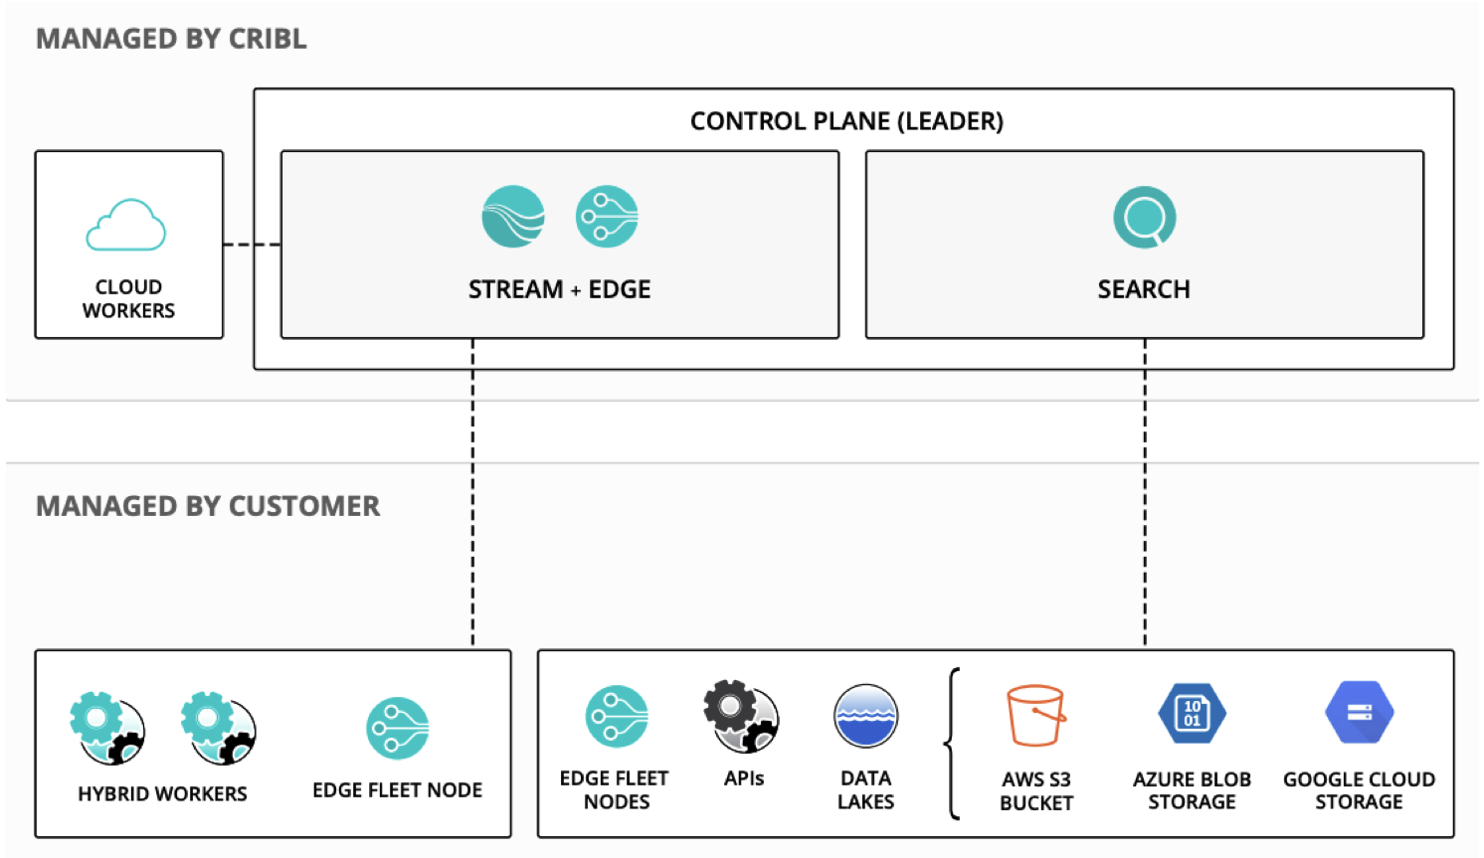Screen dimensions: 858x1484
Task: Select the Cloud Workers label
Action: [x=128, y=298]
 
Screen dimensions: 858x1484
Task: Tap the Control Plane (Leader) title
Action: [x=846, y=121]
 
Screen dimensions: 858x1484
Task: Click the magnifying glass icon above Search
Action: [x=1144, y=217]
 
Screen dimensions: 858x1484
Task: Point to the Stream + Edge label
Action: [x=559, y=289]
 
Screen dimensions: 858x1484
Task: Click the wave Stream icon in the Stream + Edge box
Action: [x=513, y=217]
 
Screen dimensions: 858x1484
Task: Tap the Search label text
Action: [x=1144, y=289]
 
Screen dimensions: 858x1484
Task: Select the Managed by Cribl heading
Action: [x=171, y=39]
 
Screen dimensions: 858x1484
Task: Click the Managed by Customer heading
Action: [x=208, y=506]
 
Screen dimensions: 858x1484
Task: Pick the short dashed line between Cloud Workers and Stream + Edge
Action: [x=252, y=244]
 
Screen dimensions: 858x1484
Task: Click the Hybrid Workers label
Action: [x=162, y=793]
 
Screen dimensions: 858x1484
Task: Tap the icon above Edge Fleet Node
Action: [x=397, y=728]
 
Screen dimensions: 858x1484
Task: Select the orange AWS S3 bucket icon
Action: [x=1035, y=715]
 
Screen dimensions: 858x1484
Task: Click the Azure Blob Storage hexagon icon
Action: [x=1192, y=713]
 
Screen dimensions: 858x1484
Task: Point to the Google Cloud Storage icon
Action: [x=1359, y=713]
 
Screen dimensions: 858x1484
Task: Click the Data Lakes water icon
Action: [x=865, y=715]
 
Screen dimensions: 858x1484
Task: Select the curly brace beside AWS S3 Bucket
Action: [x=953, y=743]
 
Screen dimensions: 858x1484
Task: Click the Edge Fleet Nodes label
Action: [x=615, y=789]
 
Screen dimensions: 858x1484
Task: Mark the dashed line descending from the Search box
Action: [x=1145, y=497]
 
